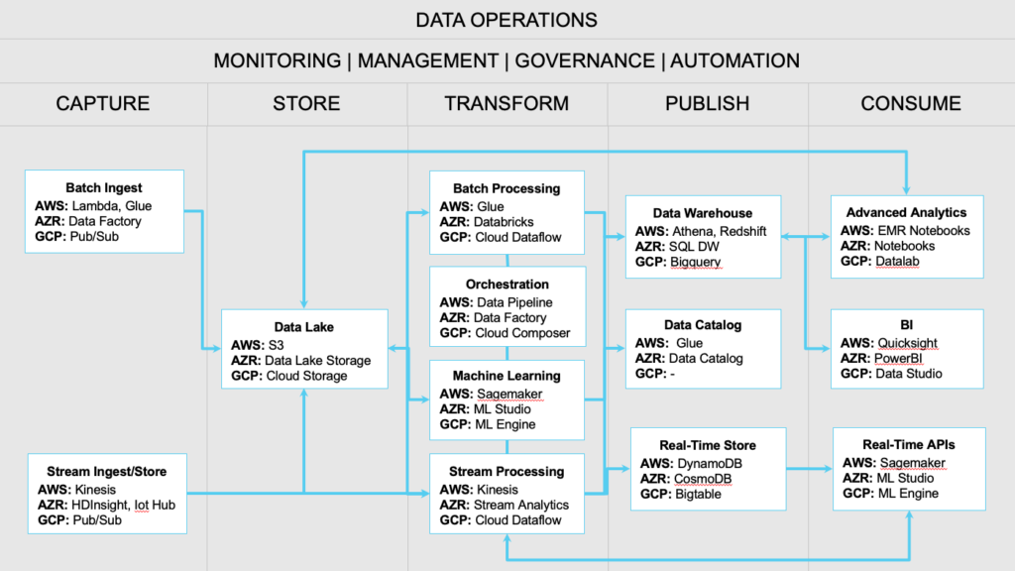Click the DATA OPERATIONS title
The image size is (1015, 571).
pos(507,20)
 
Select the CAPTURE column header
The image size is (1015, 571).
pos(103,103)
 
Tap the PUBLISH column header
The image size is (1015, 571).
pos(707,103)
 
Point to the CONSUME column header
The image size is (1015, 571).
pos(910,103)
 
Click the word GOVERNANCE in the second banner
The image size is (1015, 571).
pos(581,61)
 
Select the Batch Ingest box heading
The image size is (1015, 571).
pos(104,188)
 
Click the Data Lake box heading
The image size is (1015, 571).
pos(304,327)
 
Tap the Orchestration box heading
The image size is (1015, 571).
pos(507,285)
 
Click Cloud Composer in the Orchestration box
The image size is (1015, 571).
pos(522,334)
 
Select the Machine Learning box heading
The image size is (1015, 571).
pos(507,376)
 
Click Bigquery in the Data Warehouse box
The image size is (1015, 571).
pos(696,262)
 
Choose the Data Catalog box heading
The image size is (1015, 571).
pos(703,325)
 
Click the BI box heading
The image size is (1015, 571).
pos(907,326)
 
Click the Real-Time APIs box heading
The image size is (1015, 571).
pos(909,446)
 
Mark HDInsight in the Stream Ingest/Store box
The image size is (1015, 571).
pos(102,505)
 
